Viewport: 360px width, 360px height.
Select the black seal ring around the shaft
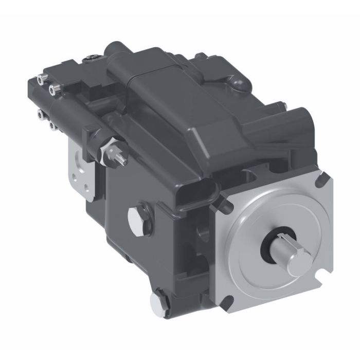tap(266, 241)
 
